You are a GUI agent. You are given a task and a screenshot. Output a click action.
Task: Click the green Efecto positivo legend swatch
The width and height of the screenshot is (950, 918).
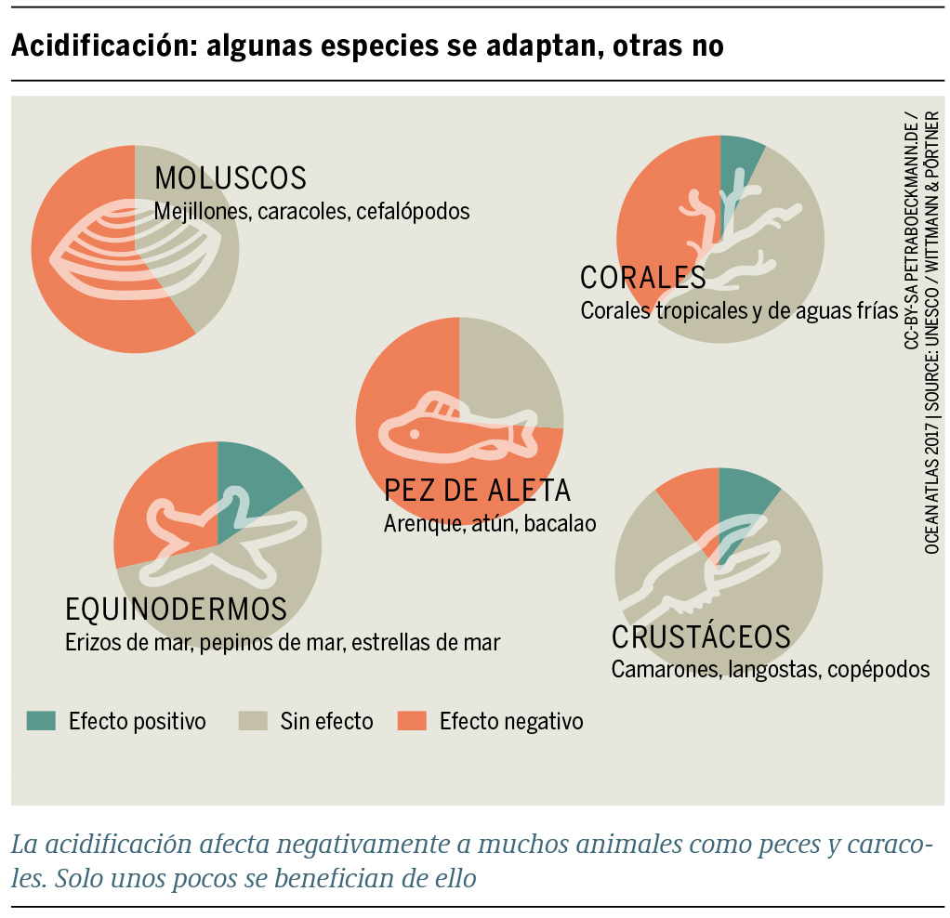(42, 721)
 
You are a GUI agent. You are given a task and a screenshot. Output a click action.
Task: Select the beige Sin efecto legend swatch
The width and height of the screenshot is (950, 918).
(254, 721)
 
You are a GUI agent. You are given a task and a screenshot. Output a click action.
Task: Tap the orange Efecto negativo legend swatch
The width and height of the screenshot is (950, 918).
(412, 721)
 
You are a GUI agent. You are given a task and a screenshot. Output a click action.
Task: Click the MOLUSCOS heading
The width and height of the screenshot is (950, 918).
(231, 177)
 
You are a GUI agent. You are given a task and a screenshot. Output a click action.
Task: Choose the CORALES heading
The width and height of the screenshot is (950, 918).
(642, 278)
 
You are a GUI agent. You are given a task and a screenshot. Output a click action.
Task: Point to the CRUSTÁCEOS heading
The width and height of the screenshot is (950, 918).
(701, 637)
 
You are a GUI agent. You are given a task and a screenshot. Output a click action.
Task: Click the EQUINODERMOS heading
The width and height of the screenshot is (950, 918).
(176, 610)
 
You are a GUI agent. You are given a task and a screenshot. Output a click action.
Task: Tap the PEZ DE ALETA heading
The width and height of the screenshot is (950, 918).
(477, 490)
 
